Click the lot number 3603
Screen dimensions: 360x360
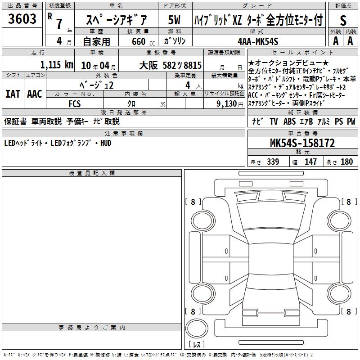[22, 19]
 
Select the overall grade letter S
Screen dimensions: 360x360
[343, 20]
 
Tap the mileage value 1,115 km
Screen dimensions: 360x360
[57, 65]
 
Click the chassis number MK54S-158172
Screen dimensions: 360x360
[302, 143]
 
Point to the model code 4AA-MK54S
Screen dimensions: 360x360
[258, 41]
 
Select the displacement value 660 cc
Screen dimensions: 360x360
[143, 42]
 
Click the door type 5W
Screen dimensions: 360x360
[174, 20]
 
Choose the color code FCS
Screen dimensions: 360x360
[75, 104]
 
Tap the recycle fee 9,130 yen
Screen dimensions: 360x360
[230, 104]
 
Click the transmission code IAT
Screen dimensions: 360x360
[13, 94]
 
